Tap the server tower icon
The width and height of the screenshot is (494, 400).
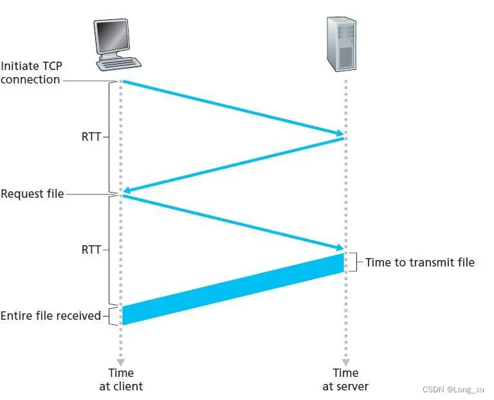pyautogui.click(x=341, y=44)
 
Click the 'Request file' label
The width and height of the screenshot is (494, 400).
pyautogui.click(x=32, y=193)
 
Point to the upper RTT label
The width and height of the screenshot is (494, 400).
pyautogui.click(x=91, y=137)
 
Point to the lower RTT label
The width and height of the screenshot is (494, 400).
pyautogui.click(x=91, y=250)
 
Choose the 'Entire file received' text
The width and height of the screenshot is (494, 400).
pyautogui.click(x=51, y=315)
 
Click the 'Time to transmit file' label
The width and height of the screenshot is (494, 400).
pyautogui.click(x=419, y=262)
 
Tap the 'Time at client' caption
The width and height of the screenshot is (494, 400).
pyautogui.click(x=120, y=379)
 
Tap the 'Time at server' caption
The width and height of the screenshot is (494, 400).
pyautogui.click(x=345, y=379)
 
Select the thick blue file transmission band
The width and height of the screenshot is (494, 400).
pyautogui.click(x=233, y=289)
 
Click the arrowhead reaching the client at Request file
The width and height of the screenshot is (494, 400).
pyautogui.click(x=127, y=191)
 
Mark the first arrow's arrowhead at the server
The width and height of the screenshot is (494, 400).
pyautogui.click(x=339, y=134)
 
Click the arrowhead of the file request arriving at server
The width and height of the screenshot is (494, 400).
pyautogui.click(x=339, y=248)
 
